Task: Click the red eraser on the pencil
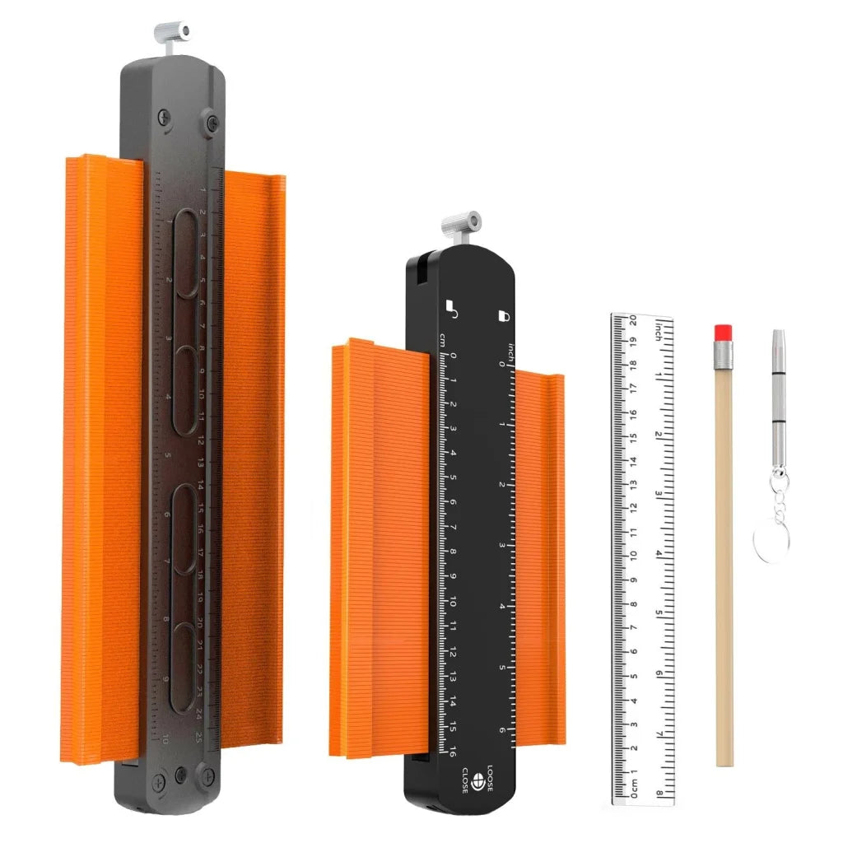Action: click(723, 333)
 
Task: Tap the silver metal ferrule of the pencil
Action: click(723, 355)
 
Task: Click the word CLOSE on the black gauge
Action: click(465, 780)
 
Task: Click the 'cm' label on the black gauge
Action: click(443, 340)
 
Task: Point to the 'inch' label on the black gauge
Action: click(510, 350)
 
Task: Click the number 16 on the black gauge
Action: click(452, 751)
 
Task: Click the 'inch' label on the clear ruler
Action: click(658, 331)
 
